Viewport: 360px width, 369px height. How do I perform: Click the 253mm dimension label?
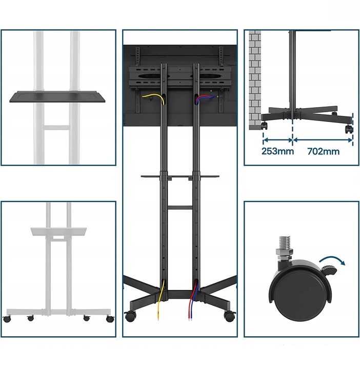coord(277,151)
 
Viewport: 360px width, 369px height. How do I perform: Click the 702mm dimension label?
coord(323,151)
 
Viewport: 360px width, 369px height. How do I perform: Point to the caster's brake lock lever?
coord(328,270)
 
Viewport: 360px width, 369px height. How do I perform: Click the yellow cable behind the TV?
coord(153,98)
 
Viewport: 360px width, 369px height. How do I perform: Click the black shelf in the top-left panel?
coord(57,97)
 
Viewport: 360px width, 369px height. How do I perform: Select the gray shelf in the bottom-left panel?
coord(58,231)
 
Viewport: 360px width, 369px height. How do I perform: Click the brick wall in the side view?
coord(255,80)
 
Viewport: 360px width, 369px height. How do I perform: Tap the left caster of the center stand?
coord(130,316)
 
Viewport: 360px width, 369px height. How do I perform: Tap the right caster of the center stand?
coord(229,316)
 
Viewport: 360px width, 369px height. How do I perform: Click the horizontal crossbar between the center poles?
coord(180,208)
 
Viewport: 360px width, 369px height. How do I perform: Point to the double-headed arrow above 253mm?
coord(278,140)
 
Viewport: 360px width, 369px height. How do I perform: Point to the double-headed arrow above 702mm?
coord(323,140)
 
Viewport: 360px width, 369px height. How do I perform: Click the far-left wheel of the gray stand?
coord(7,319)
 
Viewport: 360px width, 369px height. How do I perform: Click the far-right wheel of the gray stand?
coord(110,319)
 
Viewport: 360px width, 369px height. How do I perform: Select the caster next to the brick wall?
coord(264,125)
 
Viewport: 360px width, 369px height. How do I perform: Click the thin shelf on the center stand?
coord(180,176)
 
